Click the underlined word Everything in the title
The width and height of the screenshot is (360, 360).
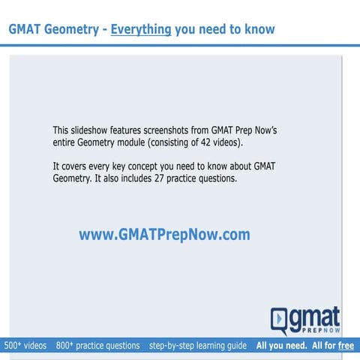click(x=142, y=30)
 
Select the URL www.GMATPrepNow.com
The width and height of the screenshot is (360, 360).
click(x=164, y=235)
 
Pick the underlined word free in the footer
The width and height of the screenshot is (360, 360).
click(x=346, y=346)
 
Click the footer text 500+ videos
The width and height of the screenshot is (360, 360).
click(x=25, y=346)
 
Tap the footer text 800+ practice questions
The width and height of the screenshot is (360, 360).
click(x=97, y=346)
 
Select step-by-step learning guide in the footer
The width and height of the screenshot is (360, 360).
click(x=198, y=346)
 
